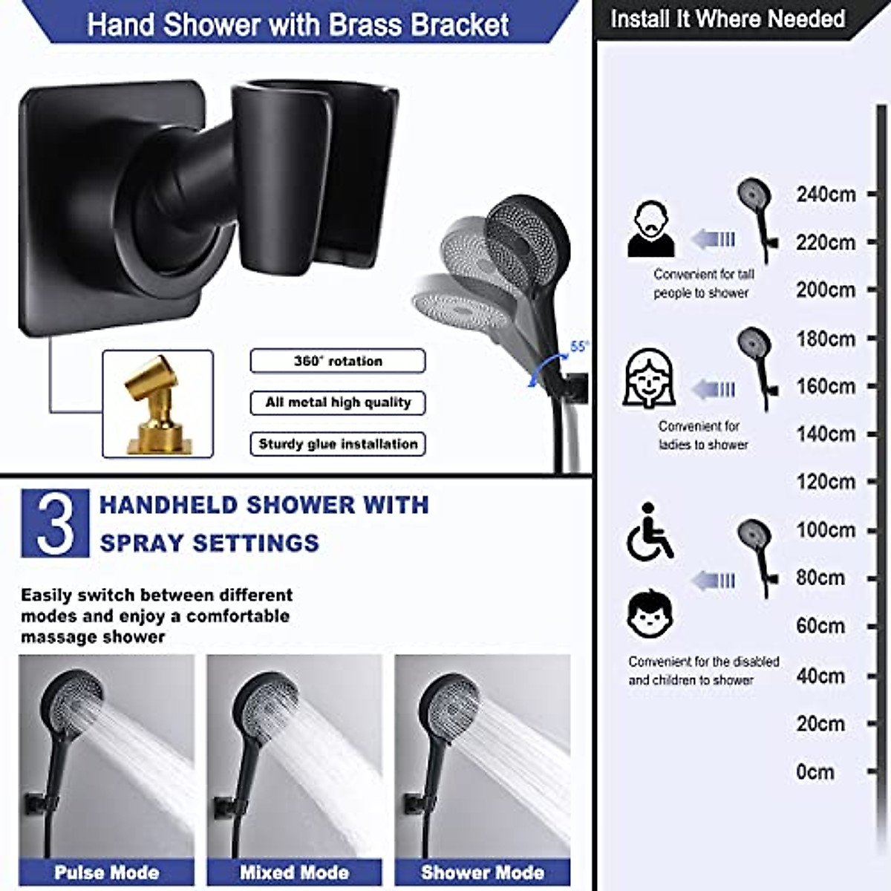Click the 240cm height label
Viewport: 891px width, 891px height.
pos(826,195)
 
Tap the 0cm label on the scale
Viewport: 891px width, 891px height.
pos(815,772)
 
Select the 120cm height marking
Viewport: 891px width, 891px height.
pos(826,482)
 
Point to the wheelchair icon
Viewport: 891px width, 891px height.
pos(650,532)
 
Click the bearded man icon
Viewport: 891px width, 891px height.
pos(651,230)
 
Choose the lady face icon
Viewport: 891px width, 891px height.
pos(649,379)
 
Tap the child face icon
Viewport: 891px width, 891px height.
pos(650,614)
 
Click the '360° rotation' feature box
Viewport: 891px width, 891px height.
pos(338,361)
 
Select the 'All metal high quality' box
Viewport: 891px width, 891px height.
pos(338,402)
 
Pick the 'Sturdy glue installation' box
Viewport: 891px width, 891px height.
pos(338,444)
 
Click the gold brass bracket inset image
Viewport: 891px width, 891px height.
pos(157,404)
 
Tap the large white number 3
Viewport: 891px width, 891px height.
pos(55,523)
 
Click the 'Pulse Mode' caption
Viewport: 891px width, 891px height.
pos(106,872)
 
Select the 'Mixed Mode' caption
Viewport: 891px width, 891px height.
pos(294,872)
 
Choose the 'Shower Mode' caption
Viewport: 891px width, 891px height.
pos(482,872)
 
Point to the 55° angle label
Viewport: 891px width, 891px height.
pos(579,346)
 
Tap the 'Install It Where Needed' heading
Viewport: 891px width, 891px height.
pos(728,19)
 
